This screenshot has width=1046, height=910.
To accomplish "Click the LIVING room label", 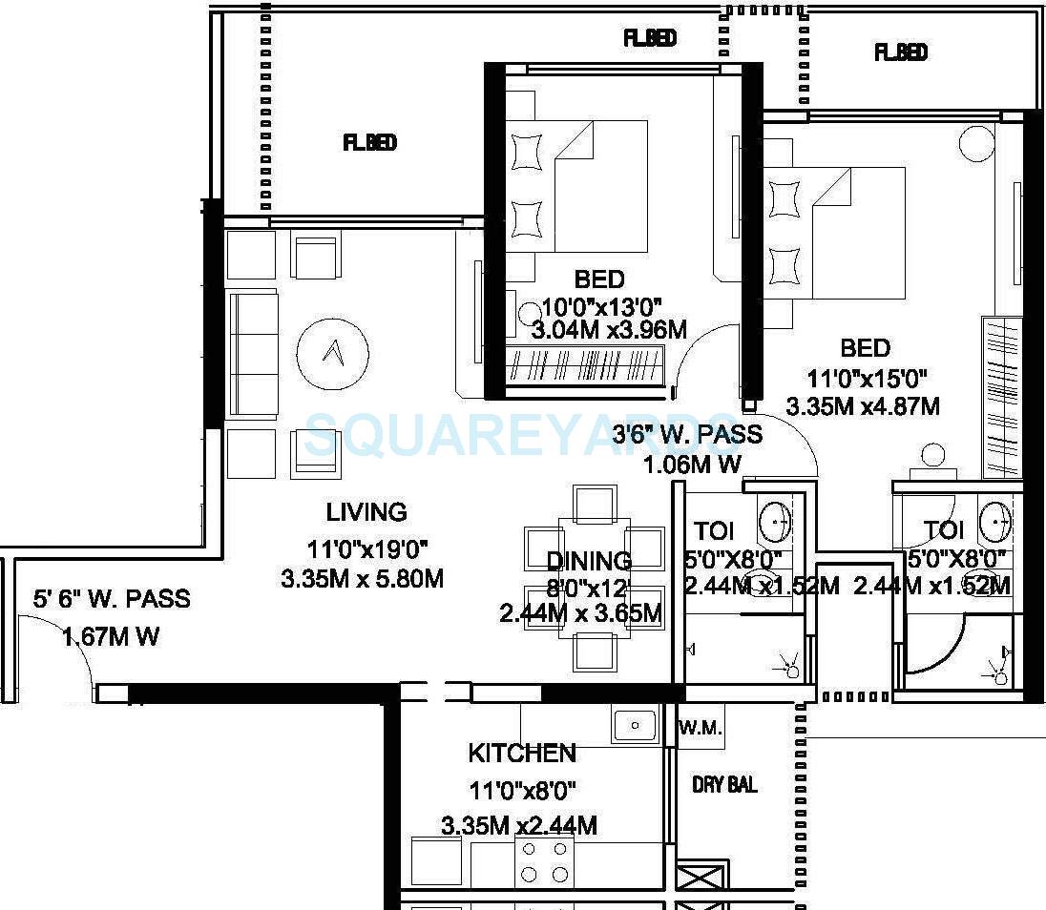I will click(366, 512).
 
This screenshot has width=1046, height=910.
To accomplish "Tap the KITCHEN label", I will click(522, 754).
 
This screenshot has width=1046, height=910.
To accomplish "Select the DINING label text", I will click(589, 561).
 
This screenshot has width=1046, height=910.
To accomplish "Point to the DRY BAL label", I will click(724, 785).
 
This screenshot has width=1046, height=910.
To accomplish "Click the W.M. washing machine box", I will click(701, 729).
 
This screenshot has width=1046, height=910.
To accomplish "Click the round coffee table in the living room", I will click(332, 354).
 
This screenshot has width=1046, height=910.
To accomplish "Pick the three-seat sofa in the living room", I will click(253, 354).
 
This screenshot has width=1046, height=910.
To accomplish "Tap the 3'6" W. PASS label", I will click(687, 435).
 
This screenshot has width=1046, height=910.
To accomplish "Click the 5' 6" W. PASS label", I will click(111, 599).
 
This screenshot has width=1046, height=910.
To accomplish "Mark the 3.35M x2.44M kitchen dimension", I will click(519, 825).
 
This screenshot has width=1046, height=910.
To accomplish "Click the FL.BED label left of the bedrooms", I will click(369, 143).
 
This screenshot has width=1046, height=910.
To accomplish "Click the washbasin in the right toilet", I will click(995, 522).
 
